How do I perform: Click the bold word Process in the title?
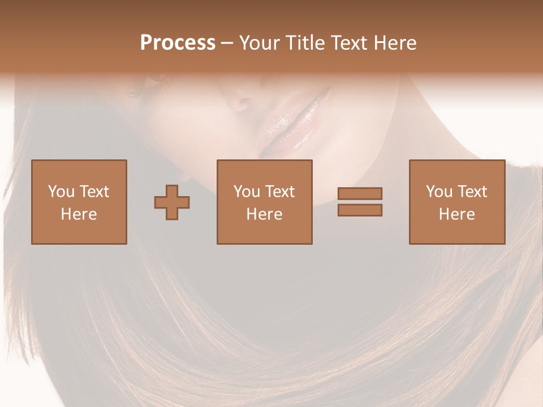point(178,43)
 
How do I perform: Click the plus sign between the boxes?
point(172,202)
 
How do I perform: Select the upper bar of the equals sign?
point(360,193)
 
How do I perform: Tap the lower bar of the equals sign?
point(360,210)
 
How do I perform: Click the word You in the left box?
point(61,192)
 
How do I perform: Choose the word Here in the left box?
point(79,214)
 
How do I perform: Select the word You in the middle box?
point(247,192)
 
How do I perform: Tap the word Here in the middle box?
point(264,214)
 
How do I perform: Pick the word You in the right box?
point(439,192)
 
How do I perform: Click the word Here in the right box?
point(456,214)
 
